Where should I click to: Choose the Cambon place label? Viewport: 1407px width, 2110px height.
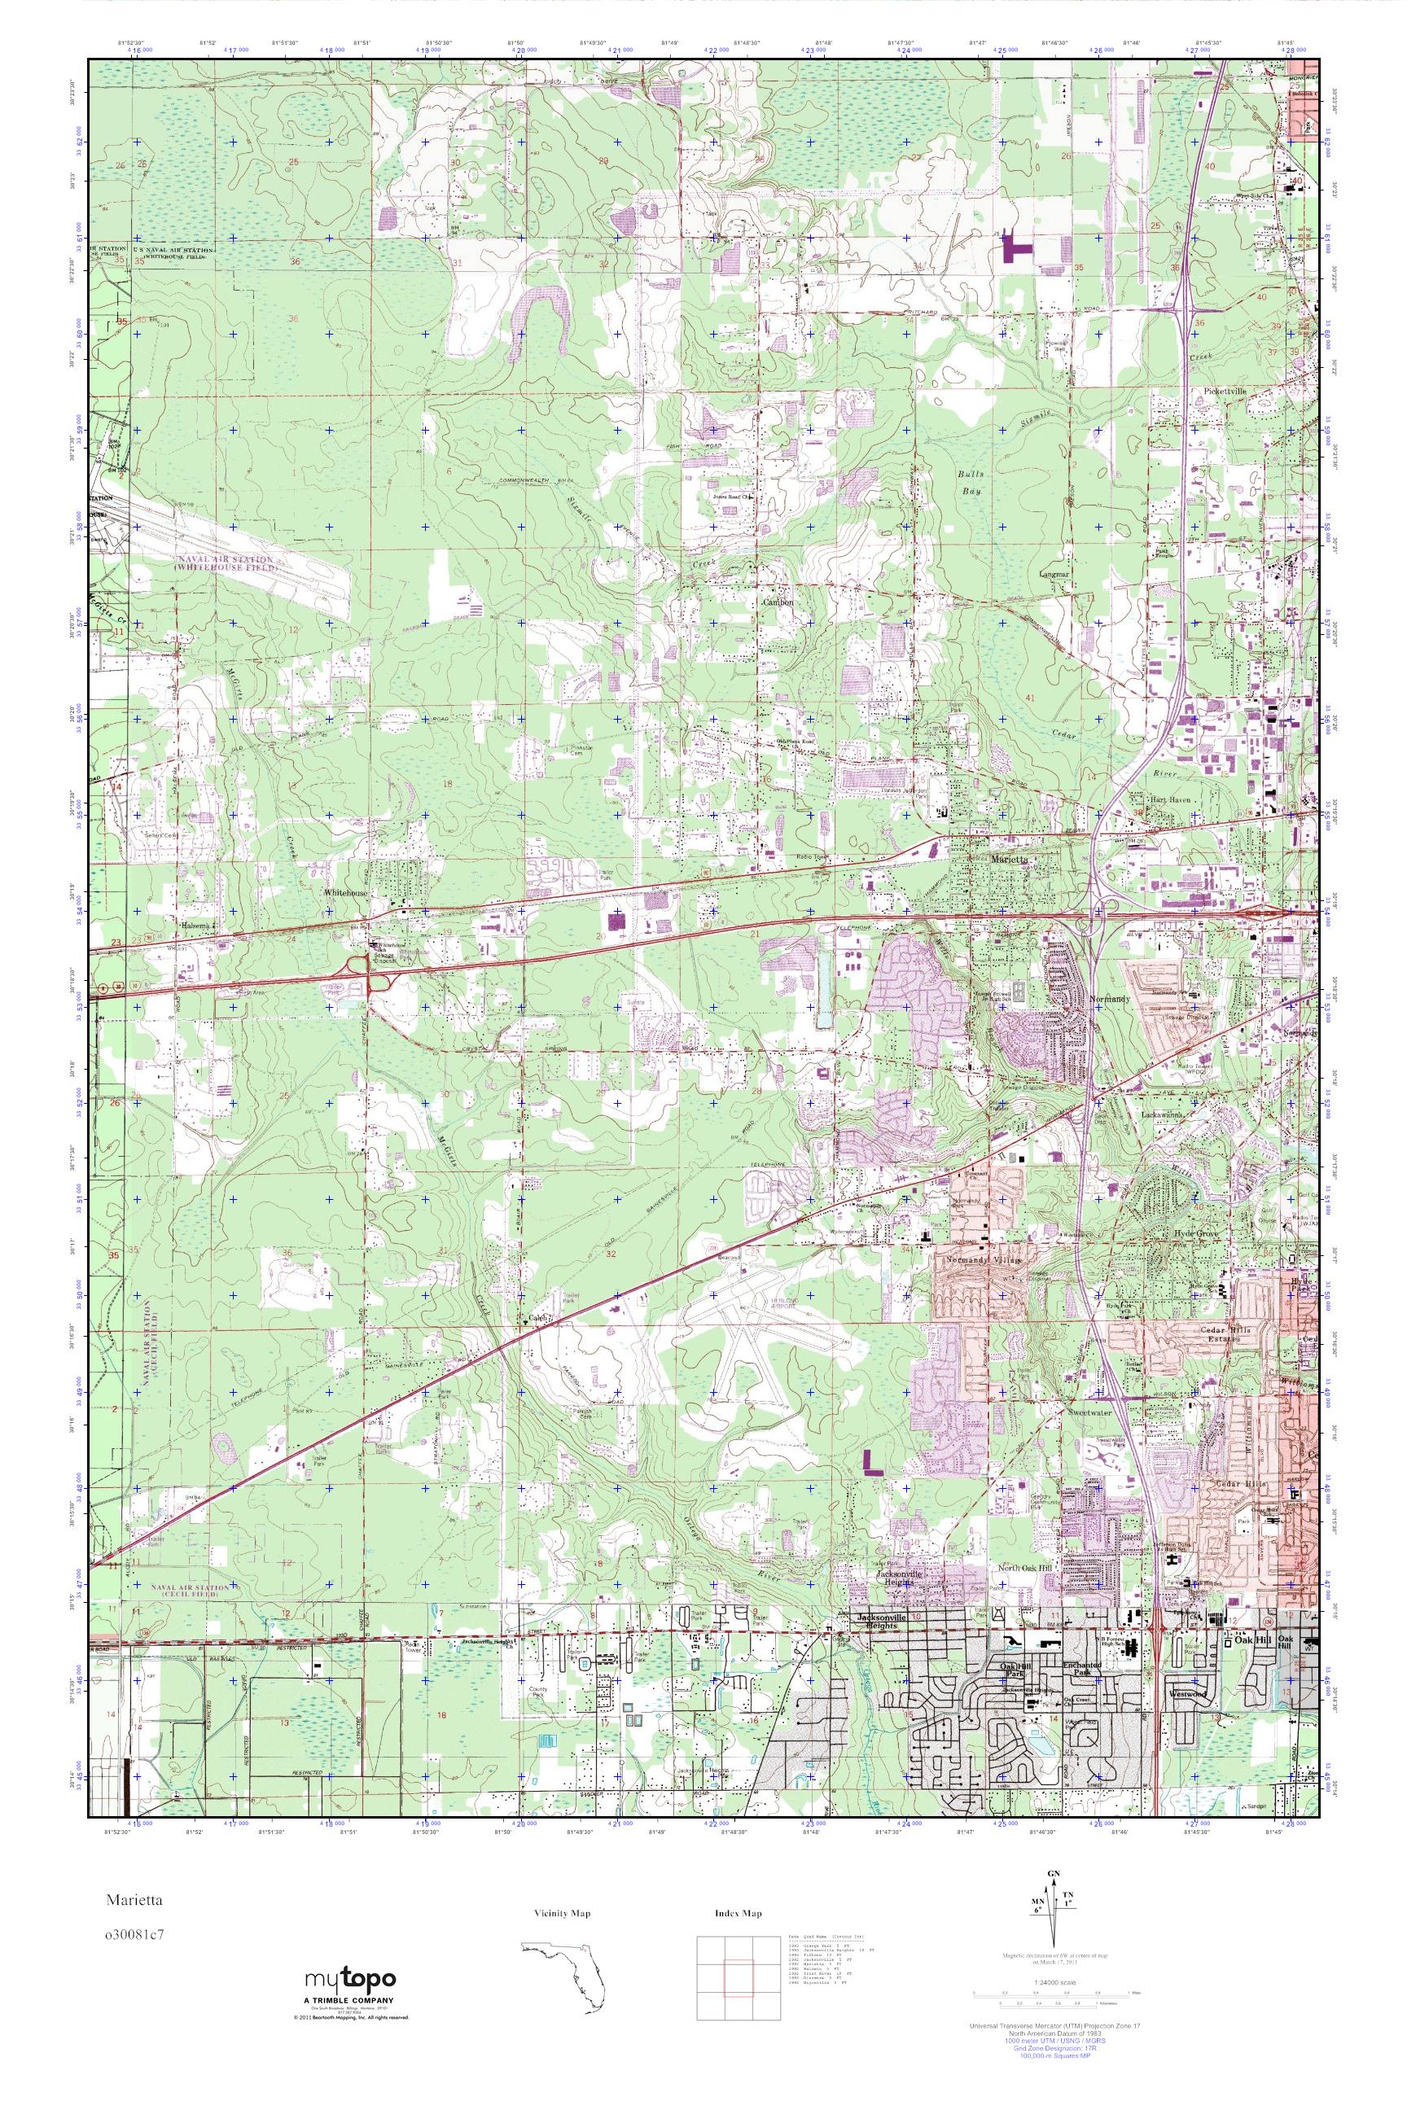tap(777, 603)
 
